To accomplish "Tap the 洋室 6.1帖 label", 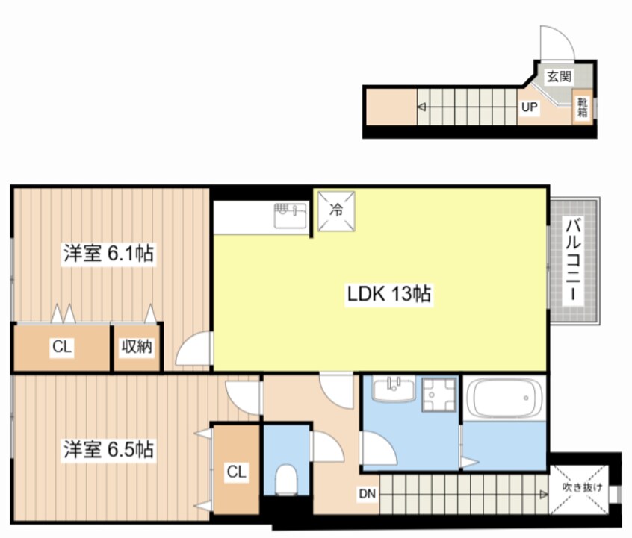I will tap(108, 254).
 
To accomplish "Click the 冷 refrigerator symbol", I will tap(337, 210).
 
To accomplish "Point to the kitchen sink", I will tap(291, 216).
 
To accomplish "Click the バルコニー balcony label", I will tap(574, 259).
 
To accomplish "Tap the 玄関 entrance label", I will tap(558, 76).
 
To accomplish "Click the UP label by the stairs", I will tap(529, 107).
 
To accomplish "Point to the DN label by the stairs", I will tap(367, 493).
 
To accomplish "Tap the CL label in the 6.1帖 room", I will tap(61, 346).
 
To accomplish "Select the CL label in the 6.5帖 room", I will tap(236, 472).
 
